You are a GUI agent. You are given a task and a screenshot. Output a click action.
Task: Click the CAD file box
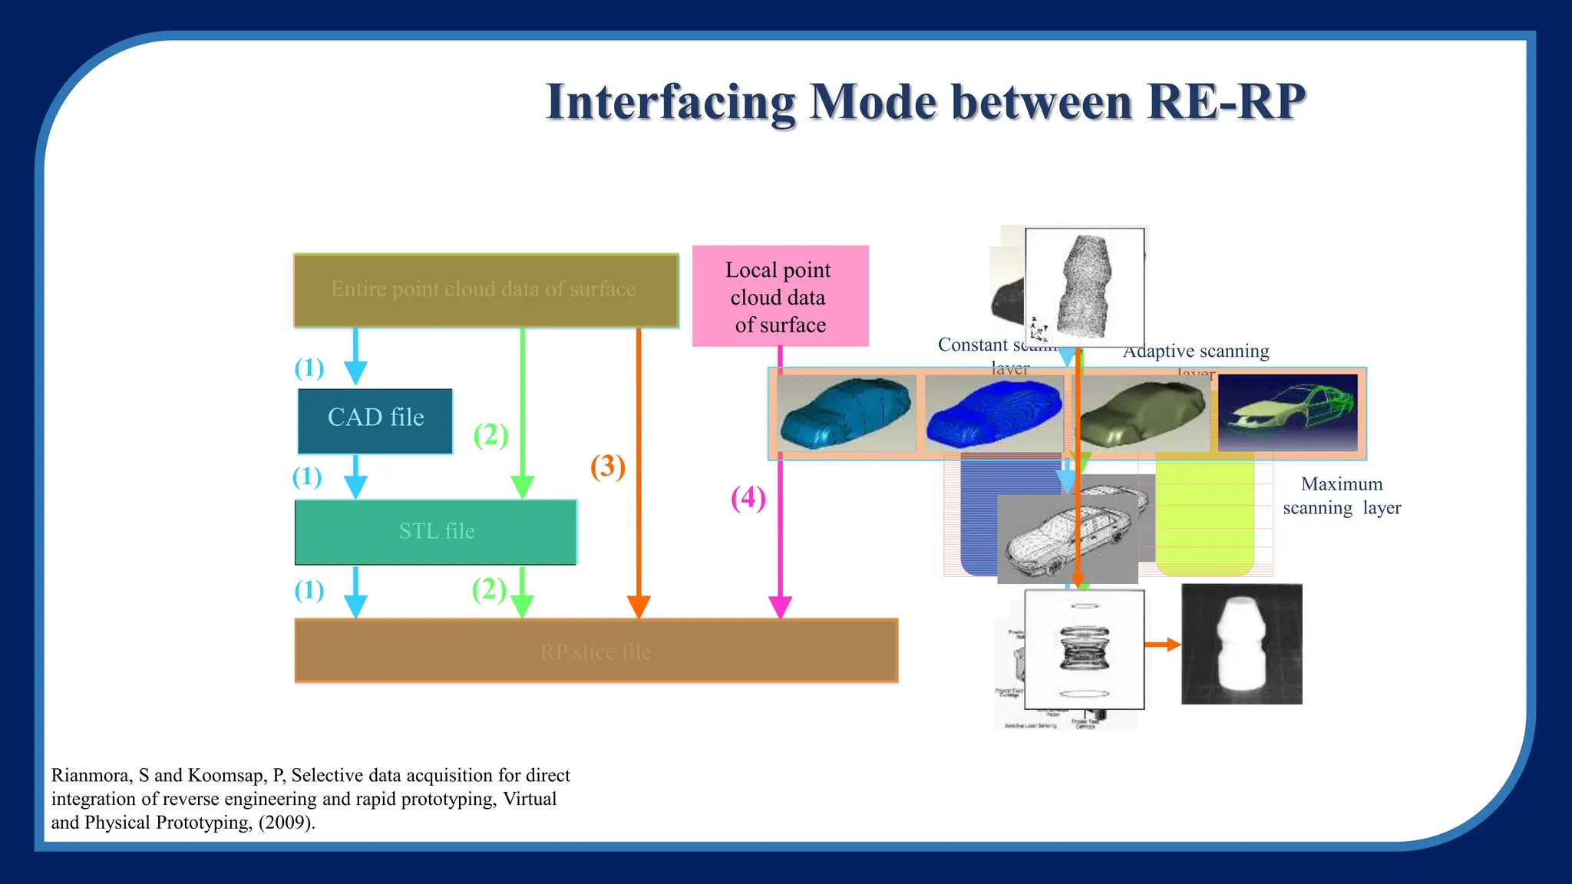(375, 421)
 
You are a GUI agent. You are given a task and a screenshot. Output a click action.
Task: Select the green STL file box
(436, 532)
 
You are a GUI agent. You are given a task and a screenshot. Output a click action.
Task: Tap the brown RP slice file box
(596, 651)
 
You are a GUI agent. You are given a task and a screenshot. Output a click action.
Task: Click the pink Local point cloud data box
(780, 296)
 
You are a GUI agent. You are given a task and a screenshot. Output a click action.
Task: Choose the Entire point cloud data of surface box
(485, 290)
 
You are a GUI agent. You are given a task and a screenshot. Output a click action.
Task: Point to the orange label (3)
(607, 467)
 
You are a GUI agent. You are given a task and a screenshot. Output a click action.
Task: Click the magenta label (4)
(748, 498)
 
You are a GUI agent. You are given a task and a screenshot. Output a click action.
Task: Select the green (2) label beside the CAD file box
(490, 435)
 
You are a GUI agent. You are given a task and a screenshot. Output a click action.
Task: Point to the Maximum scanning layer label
(1341, 496)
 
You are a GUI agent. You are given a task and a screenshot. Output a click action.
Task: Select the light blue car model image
(845, 414)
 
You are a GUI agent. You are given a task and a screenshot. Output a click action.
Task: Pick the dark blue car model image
(994, 414)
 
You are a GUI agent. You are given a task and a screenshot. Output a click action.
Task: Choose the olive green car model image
(1141, 414)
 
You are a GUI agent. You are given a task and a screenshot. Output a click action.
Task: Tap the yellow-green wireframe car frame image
(1287, 414)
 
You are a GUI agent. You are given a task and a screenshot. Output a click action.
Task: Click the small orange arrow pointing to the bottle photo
(1162, 645)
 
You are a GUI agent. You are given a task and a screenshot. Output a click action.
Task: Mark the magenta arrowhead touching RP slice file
(780, 607)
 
